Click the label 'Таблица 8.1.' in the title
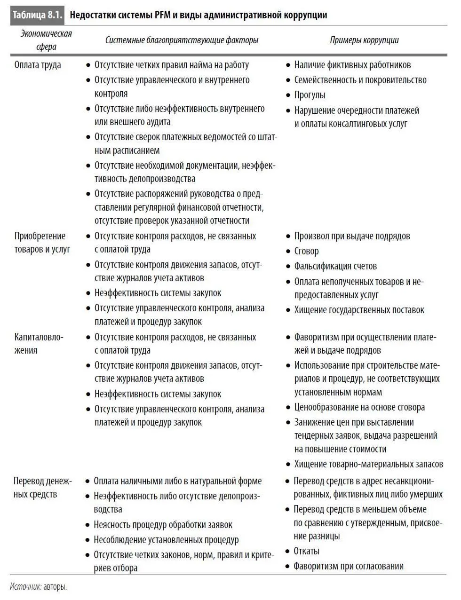click(37, 15)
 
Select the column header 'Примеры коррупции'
click(364, 40)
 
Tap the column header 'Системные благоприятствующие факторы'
click(182, 40)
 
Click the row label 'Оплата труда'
click(38, 65)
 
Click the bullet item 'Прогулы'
click(310, 95)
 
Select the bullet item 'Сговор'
click(306, 251)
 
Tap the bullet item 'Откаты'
click(306, 551)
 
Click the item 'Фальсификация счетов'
click(335, 266)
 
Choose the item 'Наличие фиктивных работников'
click(352, 65)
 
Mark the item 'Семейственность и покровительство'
click(360, 80)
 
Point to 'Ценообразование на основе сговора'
click(359, 407)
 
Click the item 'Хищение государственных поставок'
click(359, 310)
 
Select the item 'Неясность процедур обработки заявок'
click(163, 525)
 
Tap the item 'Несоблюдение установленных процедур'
click(166, 540)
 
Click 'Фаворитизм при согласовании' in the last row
click(349, 566)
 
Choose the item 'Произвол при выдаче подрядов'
click(352, 236)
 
